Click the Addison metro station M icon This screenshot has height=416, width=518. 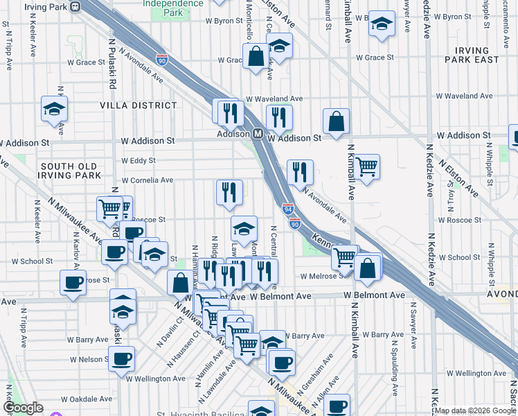[257, 133]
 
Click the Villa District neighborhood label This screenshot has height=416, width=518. [139, 105]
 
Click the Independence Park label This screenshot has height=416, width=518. [173, 8]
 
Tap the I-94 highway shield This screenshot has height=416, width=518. [288, 208]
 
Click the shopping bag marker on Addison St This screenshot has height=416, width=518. [336, 122]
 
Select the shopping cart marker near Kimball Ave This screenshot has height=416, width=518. [366, 166]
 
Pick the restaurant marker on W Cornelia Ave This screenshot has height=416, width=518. [229, 192]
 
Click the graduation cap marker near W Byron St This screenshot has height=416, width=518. [381, 24]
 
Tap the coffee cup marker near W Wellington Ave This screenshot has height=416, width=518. [122, 358]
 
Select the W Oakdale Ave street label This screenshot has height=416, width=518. [86, 399]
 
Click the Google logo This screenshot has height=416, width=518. [23, 408]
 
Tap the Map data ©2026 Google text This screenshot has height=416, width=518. [475, 410]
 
